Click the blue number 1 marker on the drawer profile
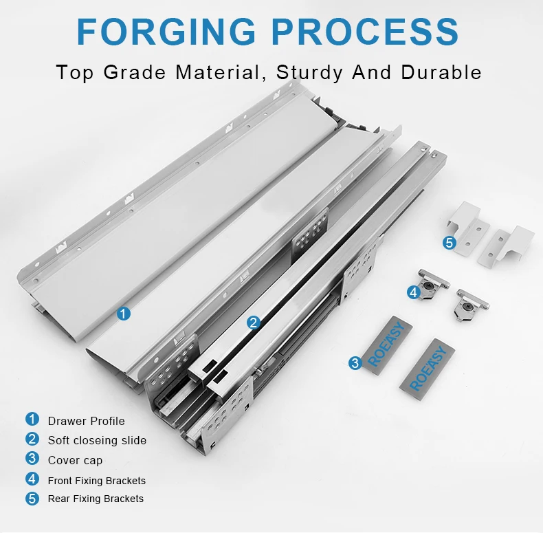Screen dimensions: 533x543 tap(124, 314)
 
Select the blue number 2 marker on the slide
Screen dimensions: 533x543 tap(254, 322)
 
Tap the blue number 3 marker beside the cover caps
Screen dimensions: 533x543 tap(355, 363)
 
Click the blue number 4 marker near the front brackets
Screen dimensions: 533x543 tap(413, 292)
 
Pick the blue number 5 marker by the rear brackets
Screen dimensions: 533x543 tap(449, 242)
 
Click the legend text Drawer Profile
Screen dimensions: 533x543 tap(86, 420)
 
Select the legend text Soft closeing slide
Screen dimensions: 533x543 tap(97, 440)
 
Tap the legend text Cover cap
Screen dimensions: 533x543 tap(75, 460)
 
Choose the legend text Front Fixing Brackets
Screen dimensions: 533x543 tap(96, 480)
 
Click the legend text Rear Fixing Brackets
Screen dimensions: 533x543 tap(96, 499)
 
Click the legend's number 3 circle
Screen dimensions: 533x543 tap(32, 459)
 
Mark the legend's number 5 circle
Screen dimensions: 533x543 tap(32, 499)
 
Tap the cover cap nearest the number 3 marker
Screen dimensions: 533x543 tap(387, 347)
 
